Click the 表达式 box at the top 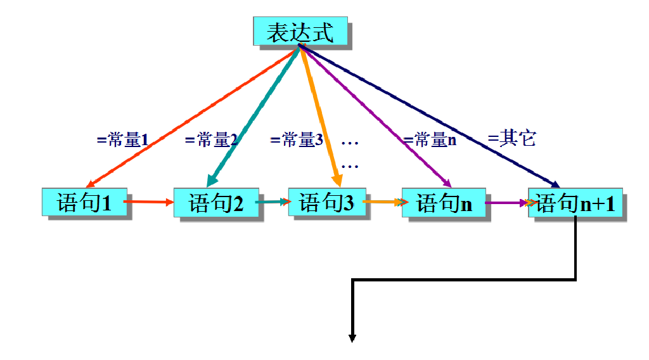coord(300,31)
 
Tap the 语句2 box coord(216,203)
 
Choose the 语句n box coord(444,203)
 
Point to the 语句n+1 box coord(575,203)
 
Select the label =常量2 coord(211,140)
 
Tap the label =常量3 coord(297,139)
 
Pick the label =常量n coord(430,140)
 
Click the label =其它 coord(512,138)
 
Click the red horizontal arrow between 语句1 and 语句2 coord(150,202)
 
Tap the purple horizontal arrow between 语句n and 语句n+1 coord(507,203)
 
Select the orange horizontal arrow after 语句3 coord(383,202)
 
